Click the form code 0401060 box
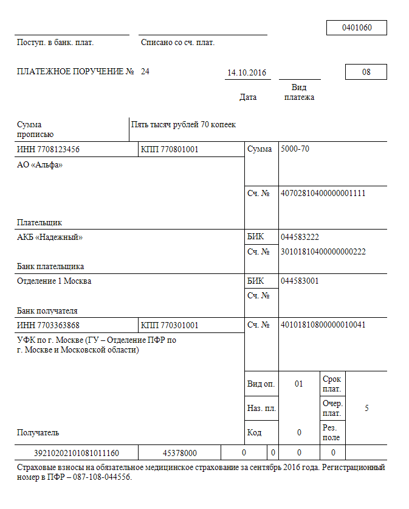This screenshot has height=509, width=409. pyautogui.click(x=356, y=28)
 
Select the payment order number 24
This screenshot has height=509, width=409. pyautogui.click(x=145, y=72)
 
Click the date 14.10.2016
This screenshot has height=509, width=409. pyautogui.click(x=247, y=72)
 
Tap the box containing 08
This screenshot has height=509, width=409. pyautogui.click(x=366, y=72)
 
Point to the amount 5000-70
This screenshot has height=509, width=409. pyautogui.click(x=295, y=149)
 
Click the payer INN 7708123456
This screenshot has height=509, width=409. pyautogui.click(x=49, y=149)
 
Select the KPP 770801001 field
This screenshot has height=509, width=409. pyautogui.click(x=170, y=149)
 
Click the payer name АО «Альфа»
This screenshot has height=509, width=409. pyautogui.click(x=40, y=164)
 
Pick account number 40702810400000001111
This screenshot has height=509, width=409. pyautogui.click(x=323, y=193)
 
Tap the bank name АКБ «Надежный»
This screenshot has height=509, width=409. pyautogui.click(x=50, y=237)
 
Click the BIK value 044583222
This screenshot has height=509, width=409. pyautogui.click(x=300, y=237)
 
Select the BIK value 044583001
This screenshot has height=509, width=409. pyautogui.click(x=300, y=281)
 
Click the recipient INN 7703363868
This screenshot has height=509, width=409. pyautogui.click(x=49, y=325)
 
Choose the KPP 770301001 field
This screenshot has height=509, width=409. pyautogui.click(x=170, y=325)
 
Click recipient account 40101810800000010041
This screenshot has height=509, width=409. pyautogui.click(x=323, y=325)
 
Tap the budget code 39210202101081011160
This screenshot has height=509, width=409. pyautogui.click(x=77, y=453)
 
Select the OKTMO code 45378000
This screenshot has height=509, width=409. pyautogui.click(x=180, y=453)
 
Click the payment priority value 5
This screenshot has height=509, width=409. pyautogui.click(x=366, y=408)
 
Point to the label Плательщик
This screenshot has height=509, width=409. pyautogui.click(x=40, y=223)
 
